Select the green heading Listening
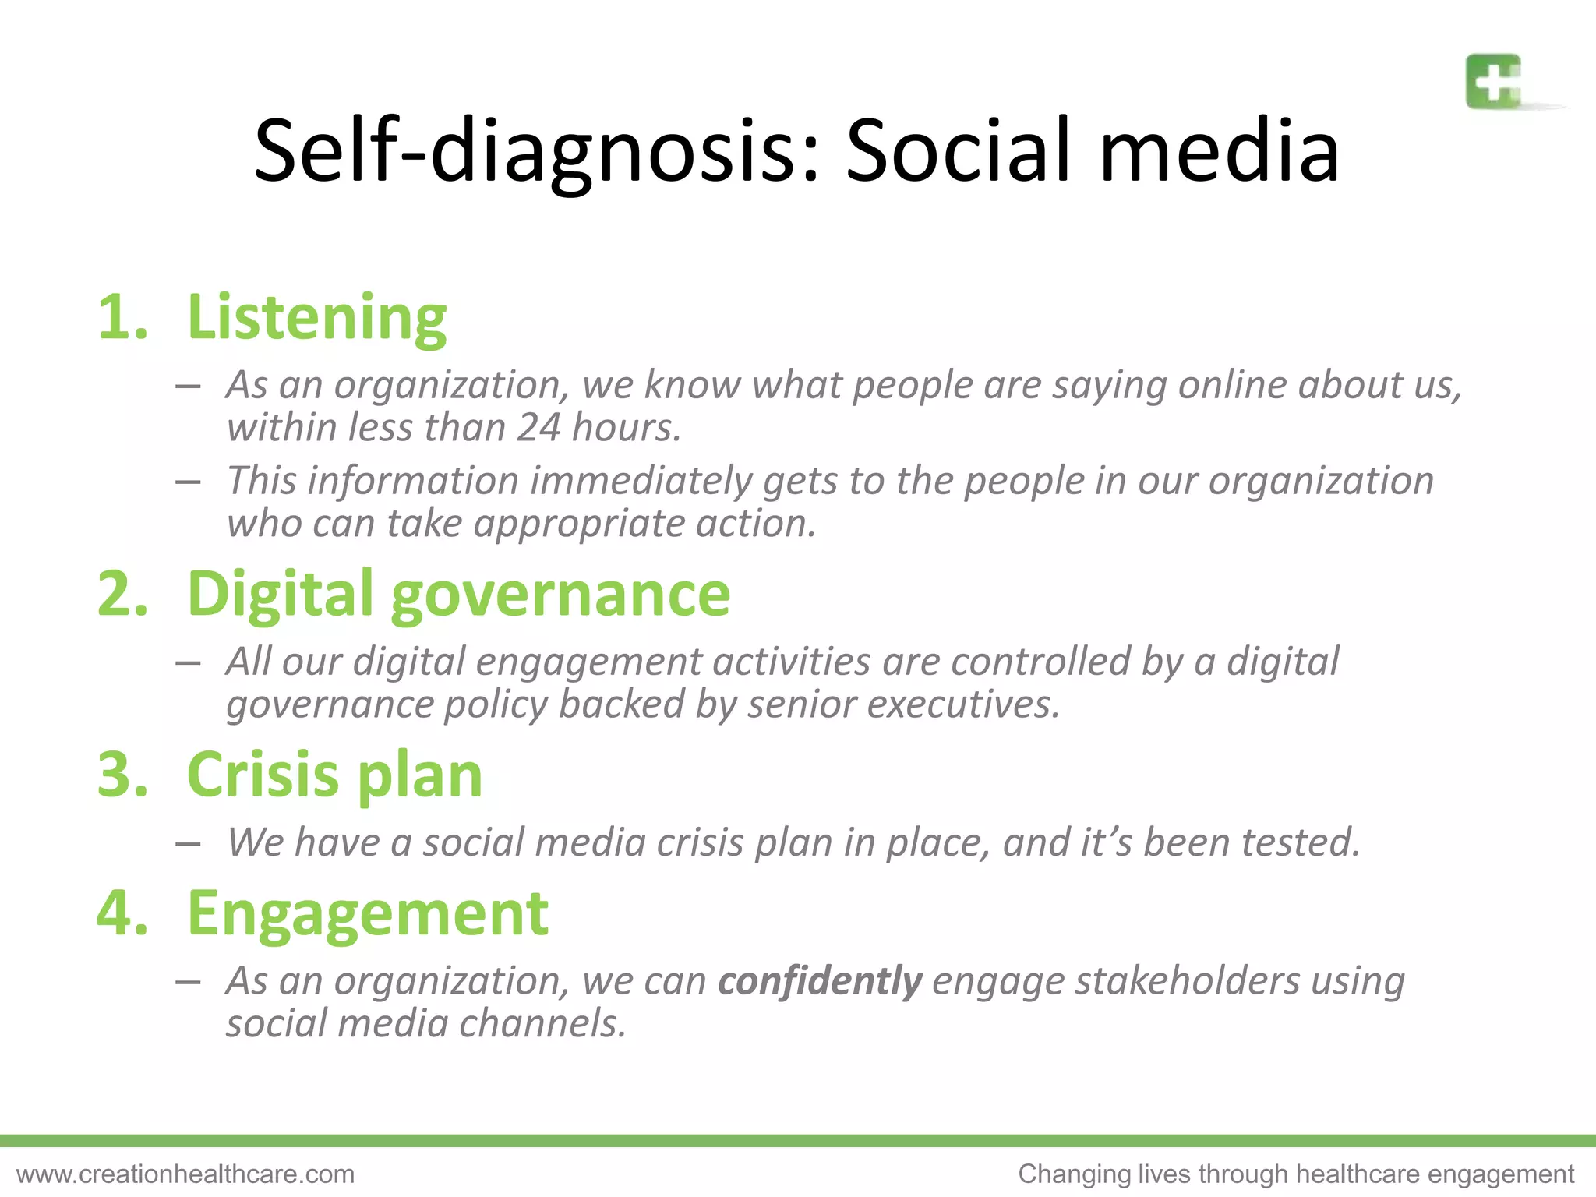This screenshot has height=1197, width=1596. (316, 317)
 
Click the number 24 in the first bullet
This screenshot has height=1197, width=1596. (538, 427)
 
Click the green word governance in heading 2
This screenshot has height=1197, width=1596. (560, 595)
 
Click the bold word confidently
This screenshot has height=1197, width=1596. (820, 980)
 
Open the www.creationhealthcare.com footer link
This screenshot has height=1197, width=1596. (185, 1174)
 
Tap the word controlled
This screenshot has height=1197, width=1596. (1040, 662)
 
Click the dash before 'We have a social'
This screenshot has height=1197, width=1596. (189, 843)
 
